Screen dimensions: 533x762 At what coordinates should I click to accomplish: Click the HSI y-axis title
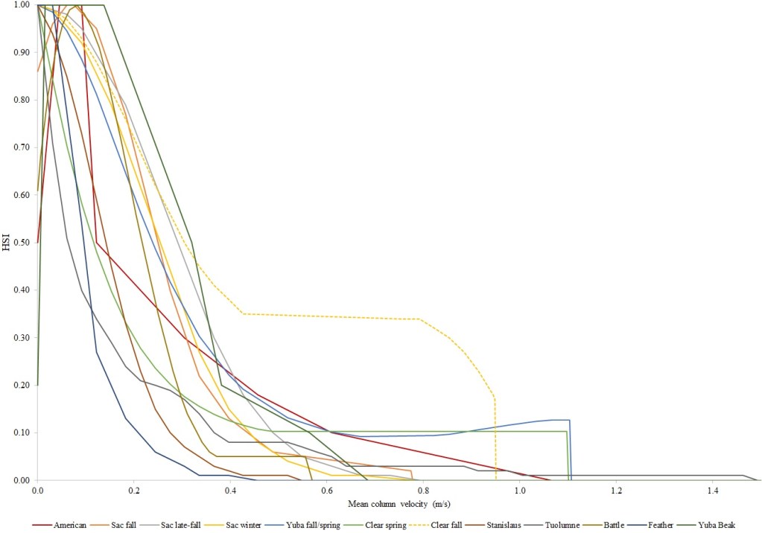point(7,243)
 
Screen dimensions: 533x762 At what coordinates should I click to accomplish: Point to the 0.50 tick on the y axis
point(21,243)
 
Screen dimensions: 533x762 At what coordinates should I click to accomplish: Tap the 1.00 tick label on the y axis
point(21,5)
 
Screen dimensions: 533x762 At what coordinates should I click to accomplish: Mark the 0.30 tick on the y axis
point(21,338)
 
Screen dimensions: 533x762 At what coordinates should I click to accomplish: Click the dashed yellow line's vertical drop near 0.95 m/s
point(495,439)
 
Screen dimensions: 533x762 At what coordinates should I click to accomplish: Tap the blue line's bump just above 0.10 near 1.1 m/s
point(559,420)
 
